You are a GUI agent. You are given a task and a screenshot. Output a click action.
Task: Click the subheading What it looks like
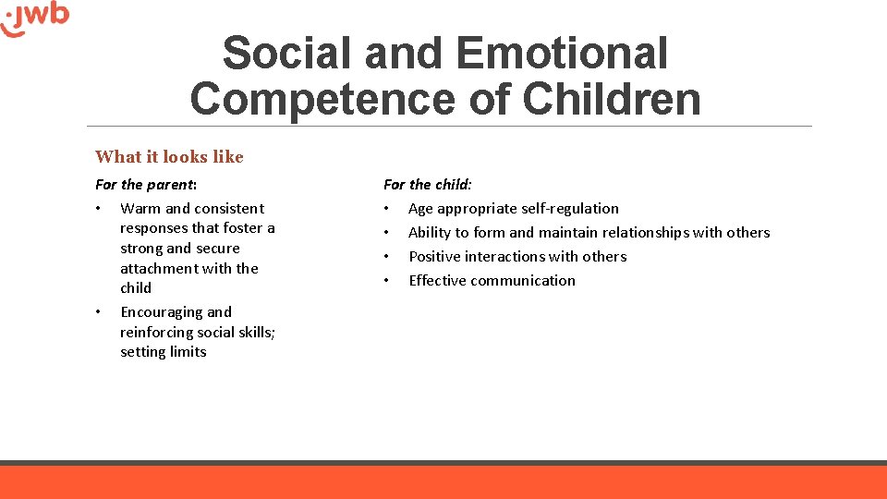pos(169,157)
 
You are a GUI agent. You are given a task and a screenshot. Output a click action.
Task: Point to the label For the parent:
pos(146,185)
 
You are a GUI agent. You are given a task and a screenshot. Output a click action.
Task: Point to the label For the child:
pos(428,185)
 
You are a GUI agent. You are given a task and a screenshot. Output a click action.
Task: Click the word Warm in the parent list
pos(140,209)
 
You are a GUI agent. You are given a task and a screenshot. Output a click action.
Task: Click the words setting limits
pos(164,352)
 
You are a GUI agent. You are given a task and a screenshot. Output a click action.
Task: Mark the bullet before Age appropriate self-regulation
pos(387,209)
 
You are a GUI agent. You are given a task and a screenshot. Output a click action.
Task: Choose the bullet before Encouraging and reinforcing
pos(99,312)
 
